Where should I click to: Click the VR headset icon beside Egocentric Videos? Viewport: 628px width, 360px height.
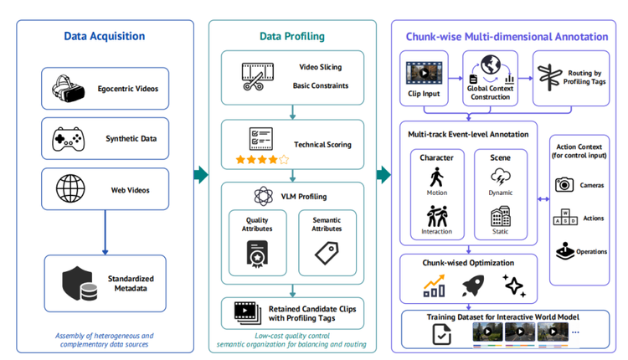coord(68,88)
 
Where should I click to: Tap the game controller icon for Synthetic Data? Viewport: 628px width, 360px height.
coord(68,139)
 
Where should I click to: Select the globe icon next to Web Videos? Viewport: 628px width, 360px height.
coord(70,188)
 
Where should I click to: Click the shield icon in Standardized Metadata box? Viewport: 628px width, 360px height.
coord(80,284)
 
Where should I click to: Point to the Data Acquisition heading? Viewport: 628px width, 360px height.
coord(105,36)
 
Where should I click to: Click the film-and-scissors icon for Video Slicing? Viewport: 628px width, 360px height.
coord(258,76)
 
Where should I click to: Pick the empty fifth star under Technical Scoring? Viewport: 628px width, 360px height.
coord(284,160)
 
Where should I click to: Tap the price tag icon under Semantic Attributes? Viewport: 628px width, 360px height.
coord(327,253)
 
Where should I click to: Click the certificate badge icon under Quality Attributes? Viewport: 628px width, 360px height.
coord(257,254)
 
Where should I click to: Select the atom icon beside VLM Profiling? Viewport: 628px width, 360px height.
coord(263,196)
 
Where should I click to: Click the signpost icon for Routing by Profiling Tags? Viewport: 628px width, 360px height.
coord(550,77)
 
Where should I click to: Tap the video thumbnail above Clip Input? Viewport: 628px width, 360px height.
coord(424,73)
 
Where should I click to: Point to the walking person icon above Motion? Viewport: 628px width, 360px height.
coord(436,177)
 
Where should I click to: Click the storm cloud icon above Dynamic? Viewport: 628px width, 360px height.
coord(500,177)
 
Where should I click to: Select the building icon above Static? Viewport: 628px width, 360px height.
coord(501,217)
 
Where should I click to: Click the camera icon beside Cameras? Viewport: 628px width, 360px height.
coord(564,185)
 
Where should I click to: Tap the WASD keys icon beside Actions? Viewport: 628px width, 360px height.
coord(565,217)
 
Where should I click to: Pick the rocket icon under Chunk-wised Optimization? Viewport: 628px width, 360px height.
coord(473,285)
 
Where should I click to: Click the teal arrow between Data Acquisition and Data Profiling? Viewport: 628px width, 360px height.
coord(201,175)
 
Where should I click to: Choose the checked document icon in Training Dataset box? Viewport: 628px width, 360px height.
coord(442,334)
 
